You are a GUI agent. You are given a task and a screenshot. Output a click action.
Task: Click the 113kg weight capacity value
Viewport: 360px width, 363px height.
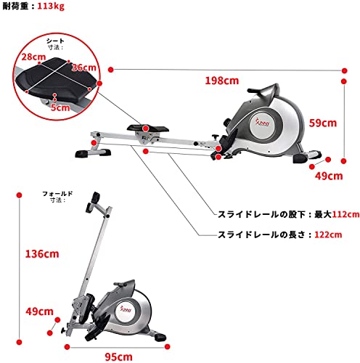pyautogui.click(x=51, y=6)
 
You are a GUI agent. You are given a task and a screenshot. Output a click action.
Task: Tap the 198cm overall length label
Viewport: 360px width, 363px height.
pyautogui.click(x=222, y=81)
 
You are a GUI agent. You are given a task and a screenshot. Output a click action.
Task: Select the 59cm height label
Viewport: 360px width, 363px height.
pyautogui.click(x=323, y=123)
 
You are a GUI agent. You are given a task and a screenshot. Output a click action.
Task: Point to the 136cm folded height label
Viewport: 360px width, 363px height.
pyautogui.click(x=42, y=254)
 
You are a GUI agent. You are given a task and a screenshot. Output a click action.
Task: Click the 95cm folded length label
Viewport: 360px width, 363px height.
pyautogui.click(x=118, y=357)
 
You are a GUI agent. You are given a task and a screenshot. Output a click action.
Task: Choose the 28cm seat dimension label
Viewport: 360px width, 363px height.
pyautogui.click(x=33, y=57)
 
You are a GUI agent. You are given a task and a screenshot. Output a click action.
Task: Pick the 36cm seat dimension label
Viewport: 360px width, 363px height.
pyautogui.click(x=84, y=68)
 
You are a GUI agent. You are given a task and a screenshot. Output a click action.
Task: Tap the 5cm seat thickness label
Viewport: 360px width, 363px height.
pyautogui.click(x=60, y=107)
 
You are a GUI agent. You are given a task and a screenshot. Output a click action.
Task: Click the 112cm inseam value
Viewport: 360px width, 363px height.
pyautogui.click(x=345, y=214)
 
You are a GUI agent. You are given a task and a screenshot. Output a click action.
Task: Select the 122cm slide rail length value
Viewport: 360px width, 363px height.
pyautogui.click(x=328, y=234)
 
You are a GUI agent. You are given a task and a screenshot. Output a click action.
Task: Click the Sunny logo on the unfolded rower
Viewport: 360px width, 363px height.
pyautogui.click(x=263, y=122)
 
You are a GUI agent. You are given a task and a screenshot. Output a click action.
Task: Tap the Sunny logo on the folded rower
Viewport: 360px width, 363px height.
pyautogui.click(x=126, y=309)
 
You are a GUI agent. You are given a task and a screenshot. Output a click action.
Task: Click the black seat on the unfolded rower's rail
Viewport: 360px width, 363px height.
pyautogui.click(x=148, y=129)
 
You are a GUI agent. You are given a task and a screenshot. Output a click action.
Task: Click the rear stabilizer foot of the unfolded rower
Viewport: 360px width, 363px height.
pyautogui.click(x=93, y=153)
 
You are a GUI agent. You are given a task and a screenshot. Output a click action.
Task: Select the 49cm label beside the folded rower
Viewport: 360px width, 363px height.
pyautogui.click(x=39, y=311)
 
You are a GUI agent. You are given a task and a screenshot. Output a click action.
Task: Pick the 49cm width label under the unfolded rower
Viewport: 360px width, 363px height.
pyautogui.click(x=329, y=176)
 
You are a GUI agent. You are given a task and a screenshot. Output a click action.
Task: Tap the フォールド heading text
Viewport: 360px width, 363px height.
pyautogui.click(x=57, y=194)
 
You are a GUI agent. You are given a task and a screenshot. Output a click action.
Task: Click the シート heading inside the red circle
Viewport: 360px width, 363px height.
pyautogui.click(x=55, y=41)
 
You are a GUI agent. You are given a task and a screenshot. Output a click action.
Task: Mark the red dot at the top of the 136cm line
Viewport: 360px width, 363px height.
pyautogui.click(x=20, y=195)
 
